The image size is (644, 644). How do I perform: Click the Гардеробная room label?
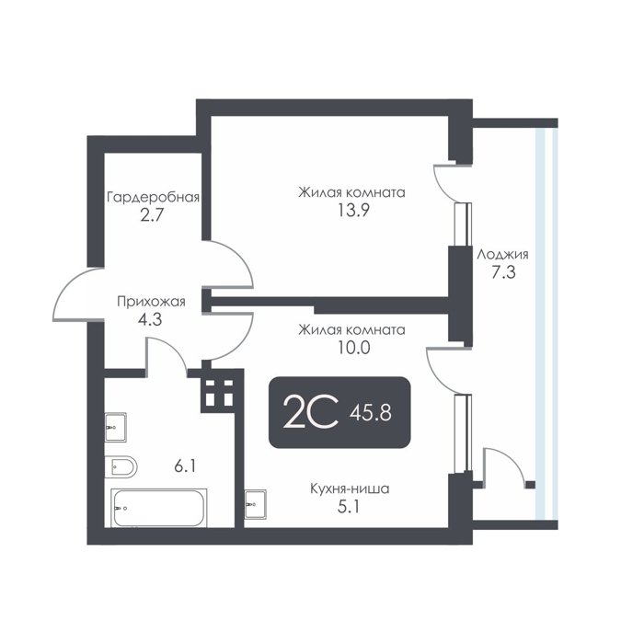[154, 197]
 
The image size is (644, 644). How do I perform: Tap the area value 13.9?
[353, 211]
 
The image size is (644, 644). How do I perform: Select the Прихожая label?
[151, 302]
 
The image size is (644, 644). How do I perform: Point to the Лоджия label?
[502, 255]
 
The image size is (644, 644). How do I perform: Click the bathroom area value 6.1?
[185, 466]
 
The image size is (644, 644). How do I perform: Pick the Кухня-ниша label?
[350, 489]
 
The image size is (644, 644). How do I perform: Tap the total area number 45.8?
[371, 412]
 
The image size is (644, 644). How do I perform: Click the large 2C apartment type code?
[311, 412]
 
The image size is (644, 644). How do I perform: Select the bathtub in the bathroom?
[159, 508]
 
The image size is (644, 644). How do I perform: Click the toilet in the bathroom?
[121, 466]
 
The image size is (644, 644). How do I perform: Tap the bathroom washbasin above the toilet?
[115, 427]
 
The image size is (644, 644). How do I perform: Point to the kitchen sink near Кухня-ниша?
[255, 504]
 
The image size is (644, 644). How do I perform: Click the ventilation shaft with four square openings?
[219, 393]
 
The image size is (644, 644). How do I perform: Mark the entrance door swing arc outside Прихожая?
[77, 294]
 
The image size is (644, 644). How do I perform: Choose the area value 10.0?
[353, 348]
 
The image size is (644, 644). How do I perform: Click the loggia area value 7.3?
[503, 272]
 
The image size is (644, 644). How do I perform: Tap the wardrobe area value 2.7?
[152, 215]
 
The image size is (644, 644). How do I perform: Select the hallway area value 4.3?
[150, 319]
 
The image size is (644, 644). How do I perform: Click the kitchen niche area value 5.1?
[349, 507]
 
